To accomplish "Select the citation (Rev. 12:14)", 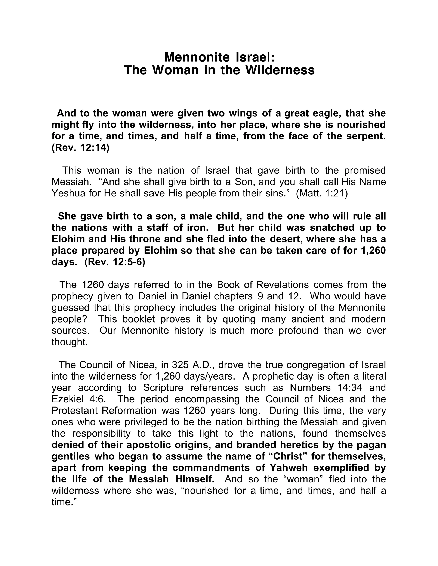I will click(x=80, y=148).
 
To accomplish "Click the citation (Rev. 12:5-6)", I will click(x=115, y=262).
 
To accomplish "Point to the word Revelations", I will click(x=282, y=284).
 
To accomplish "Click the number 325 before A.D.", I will click(x=180, y=365).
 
